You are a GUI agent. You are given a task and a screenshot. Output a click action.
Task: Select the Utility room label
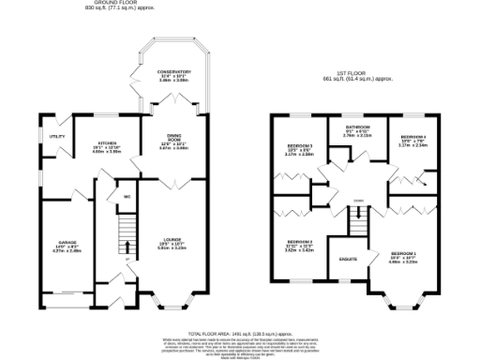pyautogui.click(x=56, y=137)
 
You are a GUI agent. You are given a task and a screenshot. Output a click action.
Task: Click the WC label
pyautogui.click(x=125, y=197)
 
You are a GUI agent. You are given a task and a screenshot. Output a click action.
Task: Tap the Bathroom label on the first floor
pyautogui.click(x=357, y=127)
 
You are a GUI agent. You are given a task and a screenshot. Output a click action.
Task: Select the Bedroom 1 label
pyautogui.click(x=404, y=254)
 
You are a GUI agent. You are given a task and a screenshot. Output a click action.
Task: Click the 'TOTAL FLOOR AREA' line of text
pyautogui.click(x=240, y=333)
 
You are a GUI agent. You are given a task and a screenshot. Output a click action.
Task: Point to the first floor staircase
pyautogui.click(x=357, y=221)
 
